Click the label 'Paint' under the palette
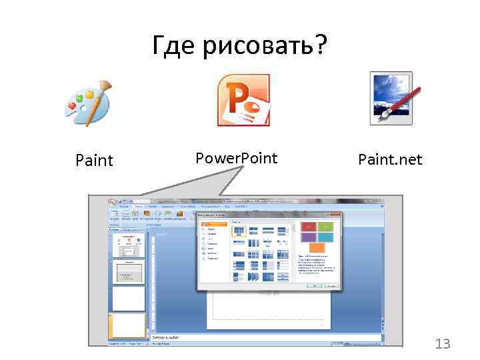pos(95,160)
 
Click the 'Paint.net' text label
pos(390,160)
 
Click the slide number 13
pos(443,344)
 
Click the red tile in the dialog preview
pos(309,227)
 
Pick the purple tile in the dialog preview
pos(309,237)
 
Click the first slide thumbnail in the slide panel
pos(129,245)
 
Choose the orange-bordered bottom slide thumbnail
pos(129,325)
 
